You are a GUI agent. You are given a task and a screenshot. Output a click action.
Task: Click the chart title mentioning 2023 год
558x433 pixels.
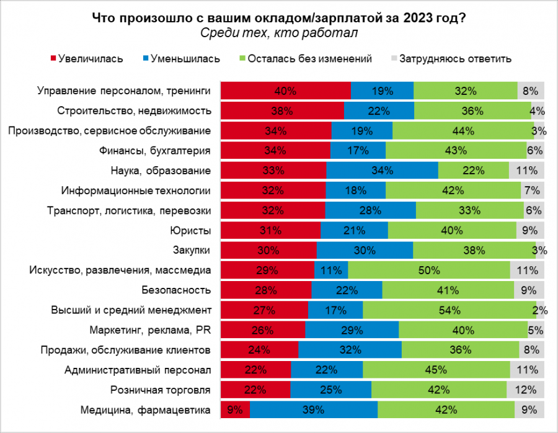click(279, 18)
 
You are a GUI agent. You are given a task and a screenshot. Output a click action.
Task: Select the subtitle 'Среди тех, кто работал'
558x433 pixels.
click(279, 33)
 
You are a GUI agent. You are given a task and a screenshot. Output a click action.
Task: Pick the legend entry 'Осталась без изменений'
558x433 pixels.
click(309, 59)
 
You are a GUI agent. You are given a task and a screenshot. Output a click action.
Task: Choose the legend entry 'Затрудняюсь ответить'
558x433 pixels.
click(455, 59)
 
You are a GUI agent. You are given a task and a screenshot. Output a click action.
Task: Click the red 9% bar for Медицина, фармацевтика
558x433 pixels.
click(236, 409)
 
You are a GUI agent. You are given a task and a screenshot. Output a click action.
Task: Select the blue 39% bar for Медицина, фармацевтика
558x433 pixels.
click(314, 409)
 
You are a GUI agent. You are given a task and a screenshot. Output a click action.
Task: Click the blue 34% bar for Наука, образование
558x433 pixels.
click(382, 171)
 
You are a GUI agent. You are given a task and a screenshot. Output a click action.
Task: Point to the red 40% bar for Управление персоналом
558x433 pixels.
click(286, 91)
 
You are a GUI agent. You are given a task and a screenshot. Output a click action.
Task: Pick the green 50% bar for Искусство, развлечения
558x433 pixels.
click(429, 270)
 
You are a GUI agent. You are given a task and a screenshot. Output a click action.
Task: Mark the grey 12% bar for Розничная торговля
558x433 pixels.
click(525, 390)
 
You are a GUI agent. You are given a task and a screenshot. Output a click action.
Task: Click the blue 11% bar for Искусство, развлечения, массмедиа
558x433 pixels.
click(331, 270)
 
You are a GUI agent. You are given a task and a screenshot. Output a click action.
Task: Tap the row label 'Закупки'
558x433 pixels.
click(195, 251)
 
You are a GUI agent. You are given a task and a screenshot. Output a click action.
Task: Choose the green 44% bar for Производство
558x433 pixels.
click(463, 131)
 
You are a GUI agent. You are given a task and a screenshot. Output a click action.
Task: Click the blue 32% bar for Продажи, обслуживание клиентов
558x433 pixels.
click(350, 350)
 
